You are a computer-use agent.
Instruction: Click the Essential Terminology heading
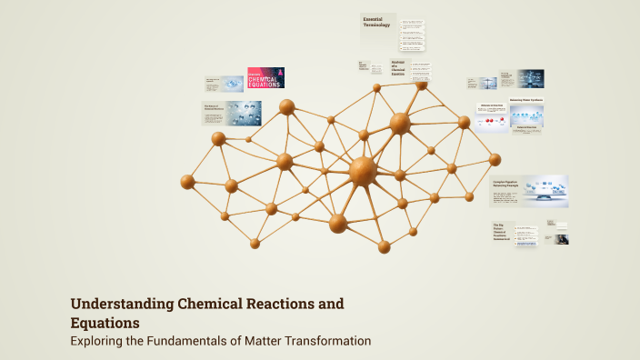[376, 22]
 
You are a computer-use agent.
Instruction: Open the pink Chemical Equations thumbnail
[265, 78]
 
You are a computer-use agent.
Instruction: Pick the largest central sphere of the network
[362, 170]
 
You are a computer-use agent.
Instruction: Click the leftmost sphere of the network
[187, 182]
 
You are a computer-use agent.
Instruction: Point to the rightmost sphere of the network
[495, 160]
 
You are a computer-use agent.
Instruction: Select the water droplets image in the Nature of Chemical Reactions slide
[244, 113]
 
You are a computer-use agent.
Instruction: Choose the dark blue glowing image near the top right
[530, 78]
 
